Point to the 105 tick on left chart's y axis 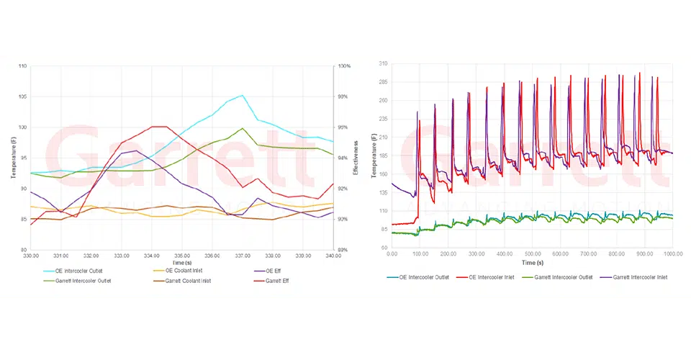pyautogui.click(x=23, y=97)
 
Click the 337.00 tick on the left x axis pyautogui.click(x=243, y=255)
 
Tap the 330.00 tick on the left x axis pyautogui.click(x=31, y=255)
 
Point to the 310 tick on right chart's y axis pyautogui.click(x=383, y=63)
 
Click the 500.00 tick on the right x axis pyautogui.click(x=533, y=254)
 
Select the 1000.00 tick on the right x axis pyautogui.click(x=672, y=254)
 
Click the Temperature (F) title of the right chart pyautogui.click(x=373, y=156)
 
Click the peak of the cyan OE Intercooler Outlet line pyautogui.click(x=243, y=95)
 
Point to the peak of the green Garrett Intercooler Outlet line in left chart pyautogui.click(x=243, y=128)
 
